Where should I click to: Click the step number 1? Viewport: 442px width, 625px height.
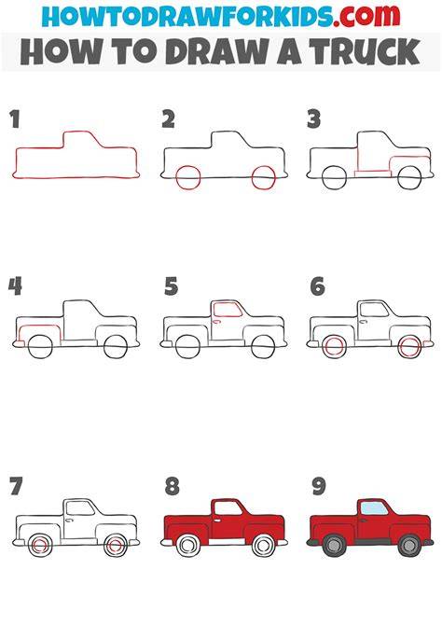point(15,118)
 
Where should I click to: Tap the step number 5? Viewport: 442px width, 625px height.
point(171,286)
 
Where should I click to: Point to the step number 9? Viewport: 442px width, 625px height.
point(319,487)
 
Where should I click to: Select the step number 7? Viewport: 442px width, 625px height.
point(16,487)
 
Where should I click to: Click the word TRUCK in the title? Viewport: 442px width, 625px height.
point(366,52)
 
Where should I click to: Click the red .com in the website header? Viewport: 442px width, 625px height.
point(366,17)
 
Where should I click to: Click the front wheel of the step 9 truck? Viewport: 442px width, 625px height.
point(409,545)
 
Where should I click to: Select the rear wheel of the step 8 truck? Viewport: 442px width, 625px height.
point(188,545)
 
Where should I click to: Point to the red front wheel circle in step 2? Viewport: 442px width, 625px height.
point(264,177)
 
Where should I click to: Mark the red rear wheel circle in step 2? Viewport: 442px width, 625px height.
point(187,177)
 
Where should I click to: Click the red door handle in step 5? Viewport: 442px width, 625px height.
point(216,321)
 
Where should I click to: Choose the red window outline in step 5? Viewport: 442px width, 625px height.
point(228,310)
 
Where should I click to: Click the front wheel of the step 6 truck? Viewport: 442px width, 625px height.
point(409,347)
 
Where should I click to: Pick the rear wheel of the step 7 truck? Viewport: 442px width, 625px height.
point(40,546)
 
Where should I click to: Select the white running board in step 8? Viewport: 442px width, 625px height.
point(227,542)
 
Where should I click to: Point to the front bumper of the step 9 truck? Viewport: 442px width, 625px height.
point(427,542)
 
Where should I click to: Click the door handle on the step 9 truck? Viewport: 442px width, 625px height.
point(363,520)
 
